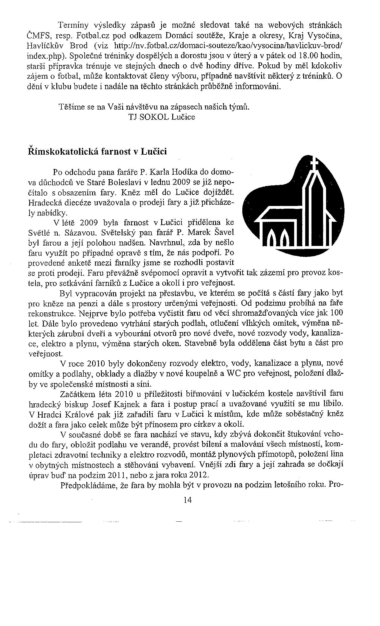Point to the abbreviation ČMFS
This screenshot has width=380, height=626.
pyautogui.click(x=38, y=36)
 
